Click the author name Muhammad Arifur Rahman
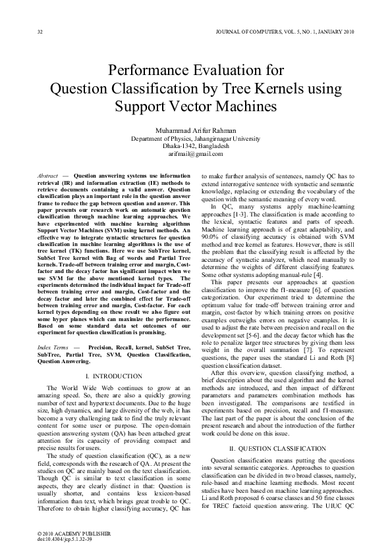[196, 130]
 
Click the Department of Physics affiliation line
[196, 139]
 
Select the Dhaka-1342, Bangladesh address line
[196, 146]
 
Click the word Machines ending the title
[240, 106]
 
